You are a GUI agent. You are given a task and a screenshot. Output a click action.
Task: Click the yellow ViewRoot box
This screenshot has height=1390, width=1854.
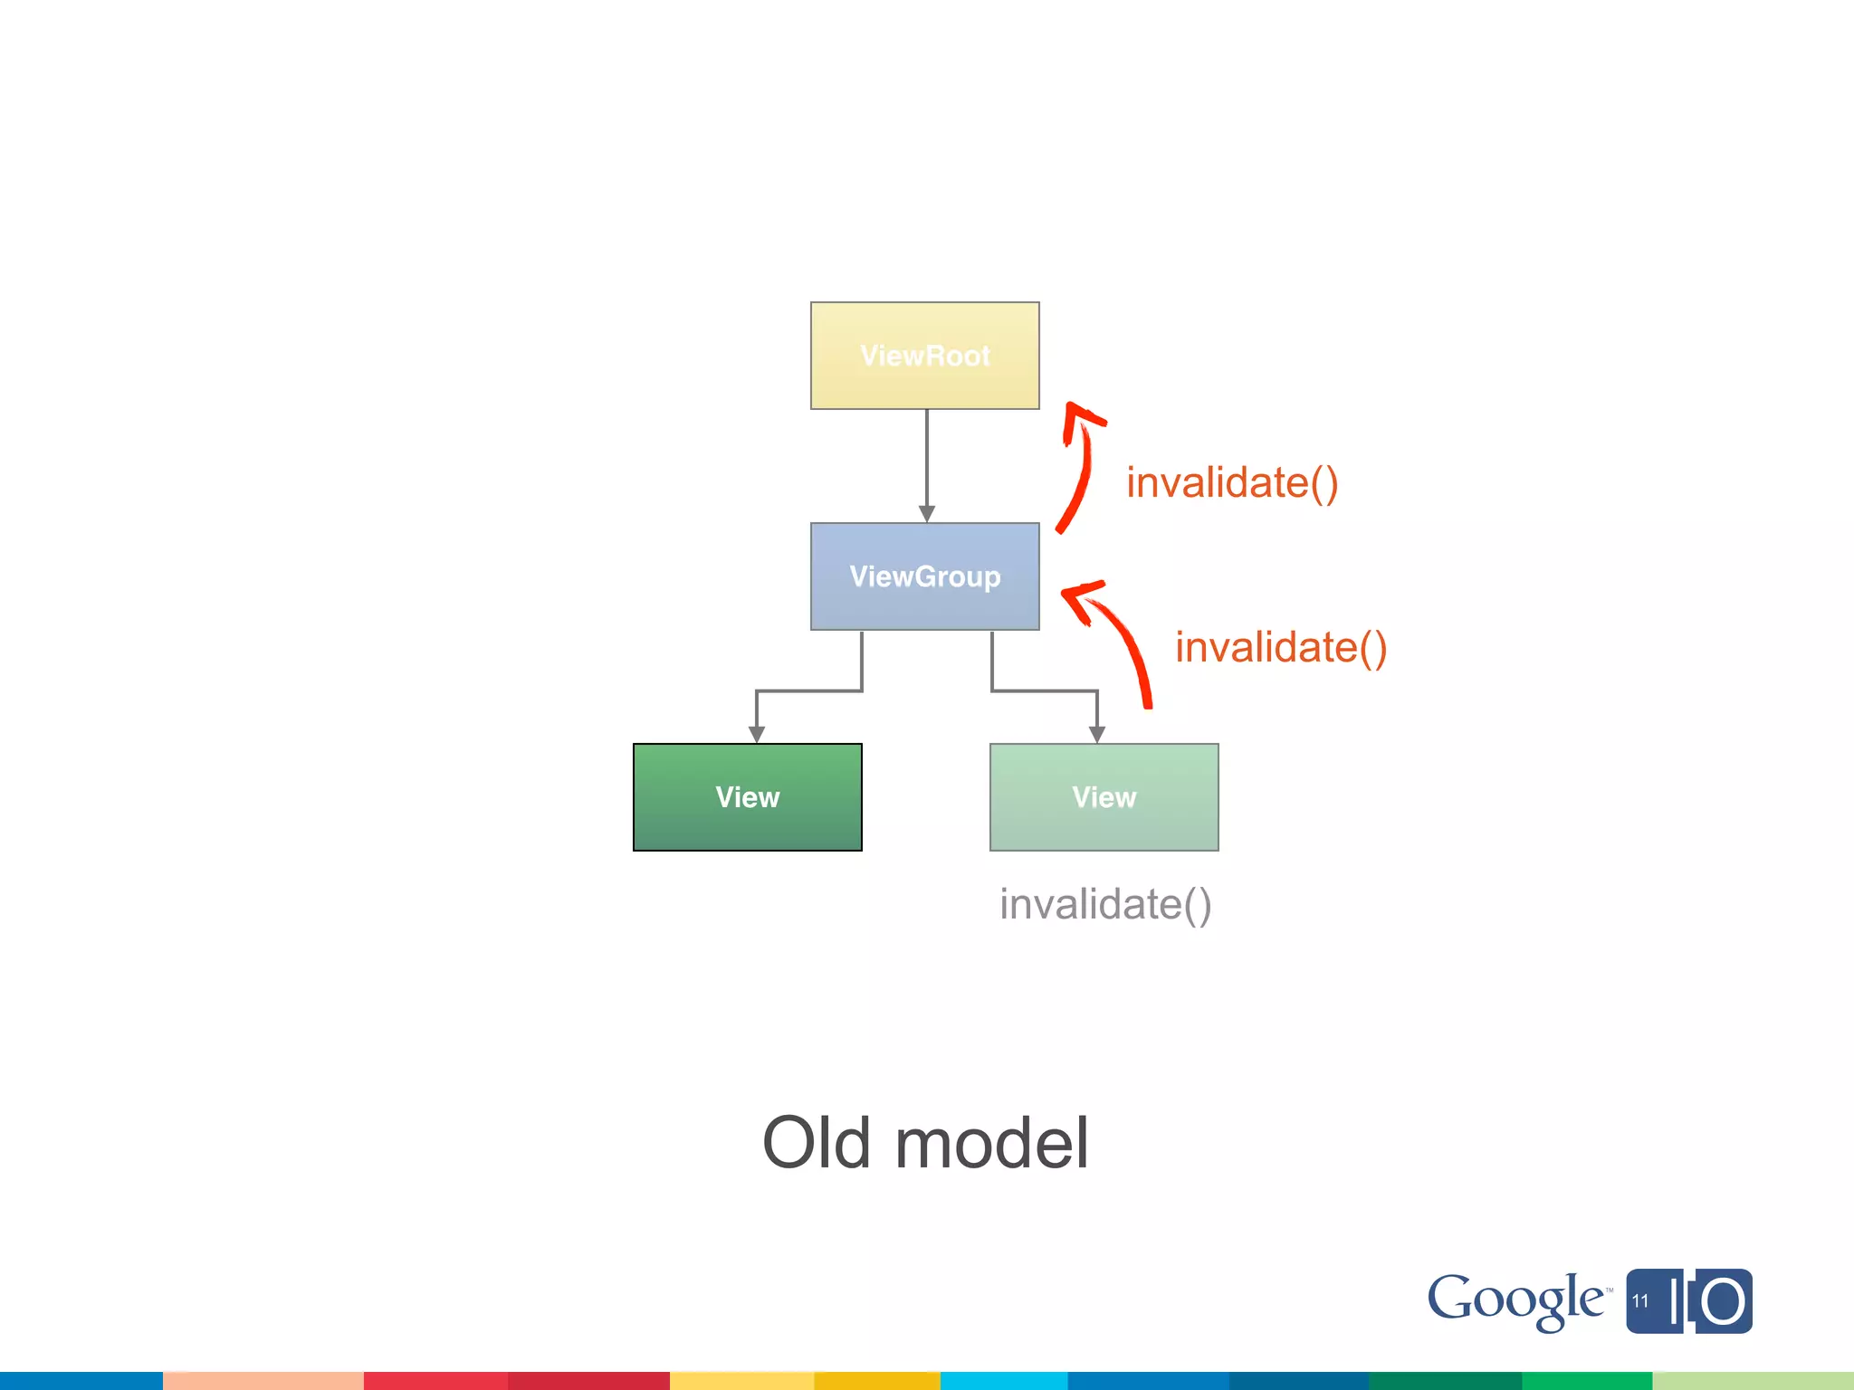click(924, 356)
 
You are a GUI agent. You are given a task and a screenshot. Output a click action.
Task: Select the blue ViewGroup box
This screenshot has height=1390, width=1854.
click(924, 576)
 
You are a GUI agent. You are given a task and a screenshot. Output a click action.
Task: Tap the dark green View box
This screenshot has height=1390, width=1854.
click(747, 797)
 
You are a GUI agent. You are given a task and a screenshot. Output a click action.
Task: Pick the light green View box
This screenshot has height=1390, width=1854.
click(1104, 797)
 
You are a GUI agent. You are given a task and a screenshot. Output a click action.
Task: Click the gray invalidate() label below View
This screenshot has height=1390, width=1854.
click(1105, 904)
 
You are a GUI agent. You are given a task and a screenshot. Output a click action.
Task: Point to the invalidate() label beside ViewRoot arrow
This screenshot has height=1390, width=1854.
click(1231, 482)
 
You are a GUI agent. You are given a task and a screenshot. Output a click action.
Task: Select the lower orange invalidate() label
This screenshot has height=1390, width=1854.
click(1280, 648)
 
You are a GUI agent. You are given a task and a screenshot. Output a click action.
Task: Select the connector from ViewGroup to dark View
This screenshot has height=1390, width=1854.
click(808, 690)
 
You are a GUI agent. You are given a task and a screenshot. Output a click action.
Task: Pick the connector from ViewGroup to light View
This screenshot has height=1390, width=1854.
click(1045, 690)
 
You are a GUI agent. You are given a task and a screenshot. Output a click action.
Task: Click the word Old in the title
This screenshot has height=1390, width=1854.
click(817, 1143)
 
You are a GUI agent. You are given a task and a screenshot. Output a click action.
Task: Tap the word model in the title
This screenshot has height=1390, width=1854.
click(991, 1143)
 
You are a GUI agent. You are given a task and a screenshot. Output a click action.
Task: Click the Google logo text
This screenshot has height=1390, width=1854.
click(1514, 1299)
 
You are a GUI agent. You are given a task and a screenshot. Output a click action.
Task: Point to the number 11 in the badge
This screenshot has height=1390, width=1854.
click(1640, 1301)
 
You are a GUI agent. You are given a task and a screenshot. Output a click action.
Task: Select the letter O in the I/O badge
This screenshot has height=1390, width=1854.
click(1722, 1302)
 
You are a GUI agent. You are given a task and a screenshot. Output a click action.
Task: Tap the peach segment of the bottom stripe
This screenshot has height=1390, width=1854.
click(263, 1381)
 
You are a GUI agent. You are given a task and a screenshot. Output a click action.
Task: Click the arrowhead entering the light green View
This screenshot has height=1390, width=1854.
click(1097, 734)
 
